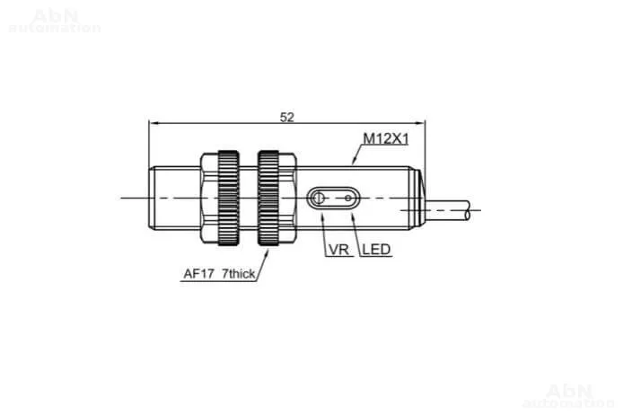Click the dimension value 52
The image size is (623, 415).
(287, 118)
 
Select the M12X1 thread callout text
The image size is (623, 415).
(386, 138)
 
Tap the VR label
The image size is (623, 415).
(339, 250)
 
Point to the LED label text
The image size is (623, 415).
(376, 250)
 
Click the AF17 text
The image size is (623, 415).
(198, 273)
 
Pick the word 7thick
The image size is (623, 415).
(239, 273)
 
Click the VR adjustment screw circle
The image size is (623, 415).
(319, 198)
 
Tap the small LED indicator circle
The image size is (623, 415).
(348, 198)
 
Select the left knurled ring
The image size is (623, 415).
(228, 198)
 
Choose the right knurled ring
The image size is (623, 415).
(268, 198)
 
